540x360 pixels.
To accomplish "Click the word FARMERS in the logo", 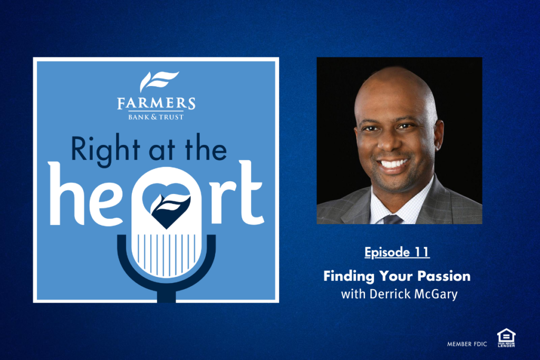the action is click(156, 103).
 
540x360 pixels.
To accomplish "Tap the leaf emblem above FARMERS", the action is click(159, 82).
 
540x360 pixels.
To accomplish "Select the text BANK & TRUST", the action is click(156, 117).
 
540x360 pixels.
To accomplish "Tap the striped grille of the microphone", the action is click(167, 255).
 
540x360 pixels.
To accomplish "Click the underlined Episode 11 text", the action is click(397, 252).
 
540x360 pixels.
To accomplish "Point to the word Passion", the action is click(444, 276).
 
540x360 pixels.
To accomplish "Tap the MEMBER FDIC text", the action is click(467, 344).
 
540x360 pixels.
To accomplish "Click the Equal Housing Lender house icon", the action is click(506, 338).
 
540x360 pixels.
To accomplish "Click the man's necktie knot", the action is click(392, 219).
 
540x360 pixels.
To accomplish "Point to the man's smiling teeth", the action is click(393, 163).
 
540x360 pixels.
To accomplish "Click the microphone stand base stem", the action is click(167, 297).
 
